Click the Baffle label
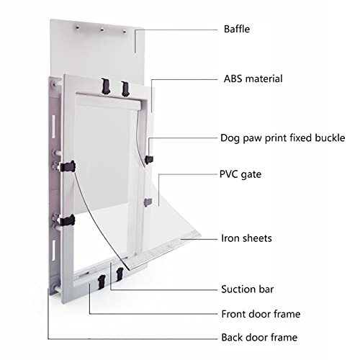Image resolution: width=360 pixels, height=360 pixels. (x=237, y=29)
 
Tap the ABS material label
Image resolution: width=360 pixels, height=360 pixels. (x=253, y=78)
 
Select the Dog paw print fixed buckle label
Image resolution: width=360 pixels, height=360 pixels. (x=282, y=138)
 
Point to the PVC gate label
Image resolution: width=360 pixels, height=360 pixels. (x=240, y=174)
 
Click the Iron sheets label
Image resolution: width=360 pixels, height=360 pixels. (x=246, y=238)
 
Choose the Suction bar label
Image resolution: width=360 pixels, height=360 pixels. (x=247, y=289)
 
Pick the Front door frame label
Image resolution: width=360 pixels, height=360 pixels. (x=261, y=314)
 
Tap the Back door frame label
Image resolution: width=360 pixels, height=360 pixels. (x=259, y=338)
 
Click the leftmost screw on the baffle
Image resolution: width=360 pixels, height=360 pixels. (x=77, y=27)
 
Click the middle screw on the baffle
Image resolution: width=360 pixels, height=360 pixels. (x=102, y=30)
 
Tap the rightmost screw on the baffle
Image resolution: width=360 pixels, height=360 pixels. (x=125, y=32)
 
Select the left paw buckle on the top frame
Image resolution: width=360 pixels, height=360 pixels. (x=106, y=86)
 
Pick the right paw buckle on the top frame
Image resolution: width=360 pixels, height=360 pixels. (x=125, y=89)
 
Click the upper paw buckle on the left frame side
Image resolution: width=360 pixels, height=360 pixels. (x=68, y=166)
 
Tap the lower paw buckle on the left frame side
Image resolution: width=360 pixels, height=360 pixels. (x=67, y=220)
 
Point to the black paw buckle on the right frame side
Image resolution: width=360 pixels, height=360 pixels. (x=149, y=159)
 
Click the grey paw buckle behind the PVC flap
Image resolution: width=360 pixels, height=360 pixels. (x=148, y=202)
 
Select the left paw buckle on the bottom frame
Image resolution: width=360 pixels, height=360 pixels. (x=102, y=282)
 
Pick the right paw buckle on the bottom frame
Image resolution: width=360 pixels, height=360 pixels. (x=120, y=274)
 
